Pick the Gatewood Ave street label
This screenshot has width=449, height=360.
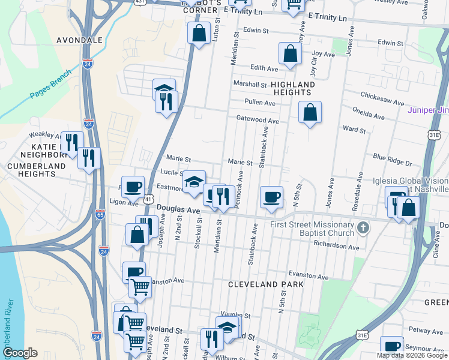(258, 120)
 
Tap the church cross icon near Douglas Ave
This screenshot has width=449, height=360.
(363, 227)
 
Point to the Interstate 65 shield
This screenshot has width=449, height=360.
(99, 213)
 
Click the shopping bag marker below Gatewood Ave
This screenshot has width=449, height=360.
(310, 112)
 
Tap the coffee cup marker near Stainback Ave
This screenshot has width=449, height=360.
(272, 197)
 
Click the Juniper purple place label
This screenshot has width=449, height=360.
(427, 110)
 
